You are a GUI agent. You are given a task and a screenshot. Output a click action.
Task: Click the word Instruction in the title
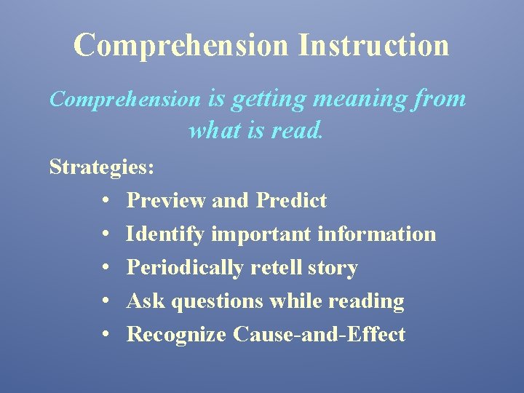pyautogui.click(x=373, y=44)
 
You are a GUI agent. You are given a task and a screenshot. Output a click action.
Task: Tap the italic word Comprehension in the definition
pyautogui.click(x=124, y=99)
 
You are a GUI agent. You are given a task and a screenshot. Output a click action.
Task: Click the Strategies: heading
pyautogui.click(x=102, y=167)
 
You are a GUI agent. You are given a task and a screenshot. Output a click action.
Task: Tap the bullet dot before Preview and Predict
pyautogui.click(x=106, y=201)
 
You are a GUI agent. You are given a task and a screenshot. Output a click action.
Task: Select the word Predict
pyautogui.click(x=291, y=200)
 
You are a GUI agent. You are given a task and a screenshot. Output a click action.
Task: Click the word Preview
pyautogui.click(x=167, y=200)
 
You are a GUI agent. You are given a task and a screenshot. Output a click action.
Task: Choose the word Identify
pyautogui.click(x=167, y=234)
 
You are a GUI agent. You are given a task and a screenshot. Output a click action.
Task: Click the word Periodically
pyautogui.click(x=185, y=268)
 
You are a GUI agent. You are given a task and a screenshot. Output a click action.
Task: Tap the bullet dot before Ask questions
pyautogui.click(x=106, y=301)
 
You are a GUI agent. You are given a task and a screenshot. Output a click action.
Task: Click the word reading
pyautogui.click(x=366, y=301)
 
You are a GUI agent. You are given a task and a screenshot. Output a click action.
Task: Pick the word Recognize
pyautogui.click(x=177, y=335)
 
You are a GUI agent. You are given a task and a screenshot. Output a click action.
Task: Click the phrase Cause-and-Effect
pyautogui.click(x=319, y=334)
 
